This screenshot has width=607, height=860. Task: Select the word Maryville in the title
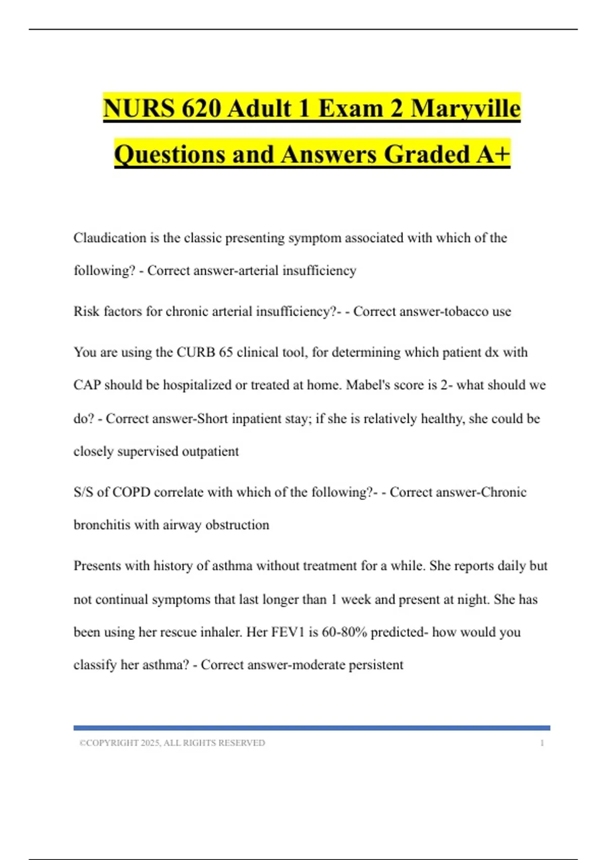click(x=465, y=108)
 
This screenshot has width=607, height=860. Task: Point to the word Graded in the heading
click(x=427, y=154)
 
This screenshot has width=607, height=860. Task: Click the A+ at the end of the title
click(x=493, y=154)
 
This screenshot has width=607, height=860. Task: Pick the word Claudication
click(x=110, y=238)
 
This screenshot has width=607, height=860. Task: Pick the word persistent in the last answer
click(x=375, y=665)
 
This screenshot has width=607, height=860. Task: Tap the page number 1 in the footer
click(x=542, y=743)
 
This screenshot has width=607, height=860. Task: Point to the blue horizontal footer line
click(x=312, y=728)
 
